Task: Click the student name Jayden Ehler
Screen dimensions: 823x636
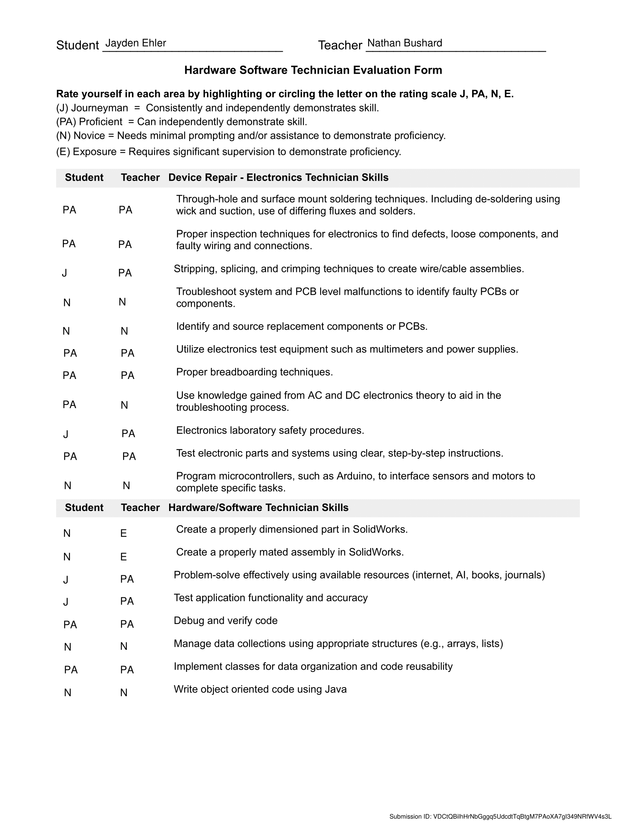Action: pyautogui.click(x=136, y=43)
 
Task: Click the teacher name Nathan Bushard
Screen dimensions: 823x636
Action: pyautogui.click(x=405, y=43)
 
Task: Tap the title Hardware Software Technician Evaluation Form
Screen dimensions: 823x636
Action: pyautogui.click(x=313, y=70)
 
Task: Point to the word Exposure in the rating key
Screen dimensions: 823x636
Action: pyautogui.click(x=95, y=152)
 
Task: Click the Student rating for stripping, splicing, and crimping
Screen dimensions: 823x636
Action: pyautogui.click(x=64, y=273)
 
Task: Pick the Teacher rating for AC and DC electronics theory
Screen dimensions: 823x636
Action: pyautogui.click(x=124, y=405)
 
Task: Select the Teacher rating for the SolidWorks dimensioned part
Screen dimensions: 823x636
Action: pyautogui.click(x=123, y=533)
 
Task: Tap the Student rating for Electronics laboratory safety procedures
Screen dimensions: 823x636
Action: pyautogui.click(x=66, y=434)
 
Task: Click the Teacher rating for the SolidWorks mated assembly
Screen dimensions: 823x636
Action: pyautogui.click(x=123, y=557)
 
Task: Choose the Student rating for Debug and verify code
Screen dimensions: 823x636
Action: pyautogui.click(x=70, y=625)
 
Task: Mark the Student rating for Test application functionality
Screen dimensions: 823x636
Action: pyautogui.click(x=66, y=602)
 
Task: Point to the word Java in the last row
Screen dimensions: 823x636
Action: pyautogui.click(x=335, y=689)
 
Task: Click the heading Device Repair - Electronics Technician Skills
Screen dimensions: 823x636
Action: pyautogui.click(x=278, y=177)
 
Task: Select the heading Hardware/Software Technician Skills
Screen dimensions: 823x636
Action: pyautogui.click(x=259, y=508)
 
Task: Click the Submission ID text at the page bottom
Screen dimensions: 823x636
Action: pyautogui.click(x=500, y=817)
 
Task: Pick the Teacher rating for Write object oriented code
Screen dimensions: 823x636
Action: pyautogui.click(x=124, y=692)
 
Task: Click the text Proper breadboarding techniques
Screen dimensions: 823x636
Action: pyautogui.click(x=255, y=372)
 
